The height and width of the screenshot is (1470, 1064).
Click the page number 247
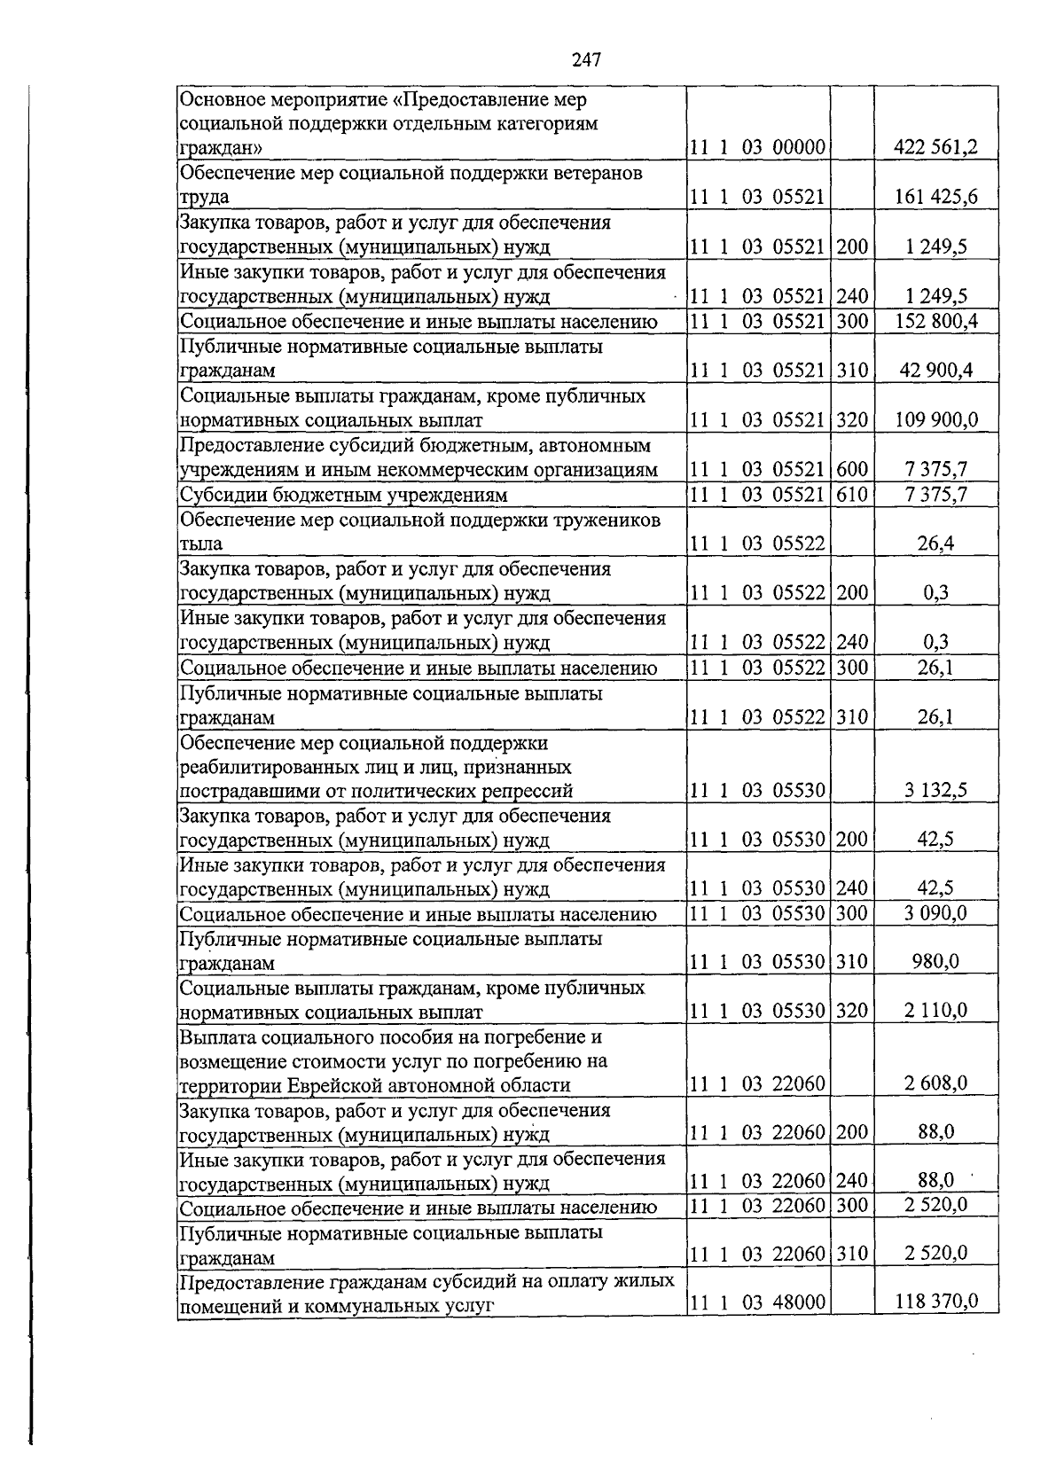pyautogui.click(x=586, y=59)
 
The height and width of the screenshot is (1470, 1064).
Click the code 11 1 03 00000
pyautogui.click(x=757, y=147)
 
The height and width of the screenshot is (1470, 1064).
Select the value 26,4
pyautogui.click(x=935, y=543)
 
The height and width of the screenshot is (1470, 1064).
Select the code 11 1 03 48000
pyautogui.click(x=757, y=1302)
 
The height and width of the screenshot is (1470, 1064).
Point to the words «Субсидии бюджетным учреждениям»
pyautogui.click(x=343, y=495)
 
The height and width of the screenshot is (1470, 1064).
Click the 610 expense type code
pyautogui.click(x=852, y=494)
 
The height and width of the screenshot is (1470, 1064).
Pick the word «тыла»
pyautogui.click(x=201, y=543)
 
